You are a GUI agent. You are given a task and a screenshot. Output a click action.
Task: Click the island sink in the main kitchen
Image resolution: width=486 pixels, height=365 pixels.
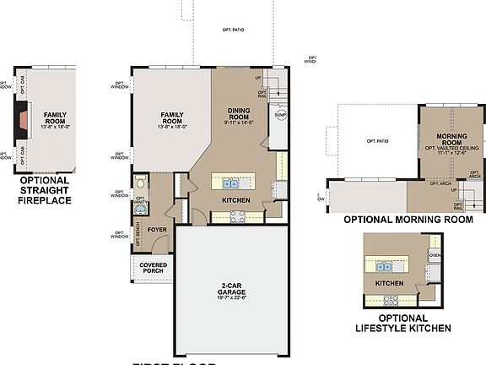click(229, 182)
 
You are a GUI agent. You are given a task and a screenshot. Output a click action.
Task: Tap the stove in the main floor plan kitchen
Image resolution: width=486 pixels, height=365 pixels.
click(238, 216)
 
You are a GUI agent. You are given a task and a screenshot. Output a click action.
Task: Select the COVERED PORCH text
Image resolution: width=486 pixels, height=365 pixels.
click(153, 268)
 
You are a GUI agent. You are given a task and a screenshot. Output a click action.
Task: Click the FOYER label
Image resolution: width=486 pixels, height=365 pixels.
click(157, 229)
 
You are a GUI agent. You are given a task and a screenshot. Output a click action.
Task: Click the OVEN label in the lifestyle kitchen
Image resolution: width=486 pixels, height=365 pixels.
click(435, 254)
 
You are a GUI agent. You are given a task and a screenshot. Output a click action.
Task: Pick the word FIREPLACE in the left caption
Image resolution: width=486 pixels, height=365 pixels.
click(44, 200)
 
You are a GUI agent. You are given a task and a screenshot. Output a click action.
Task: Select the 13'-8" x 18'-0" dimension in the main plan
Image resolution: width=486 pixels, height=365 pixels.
click(172, 128)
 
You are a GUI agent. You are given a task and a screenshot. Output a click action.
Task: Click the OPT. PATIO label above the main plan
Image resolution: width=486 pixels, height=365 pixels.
click(235, 30)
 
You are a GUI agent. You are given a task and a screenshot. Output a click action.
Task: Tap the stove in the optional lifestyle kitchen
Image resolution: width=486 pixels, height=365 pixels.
click(392, 298)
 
